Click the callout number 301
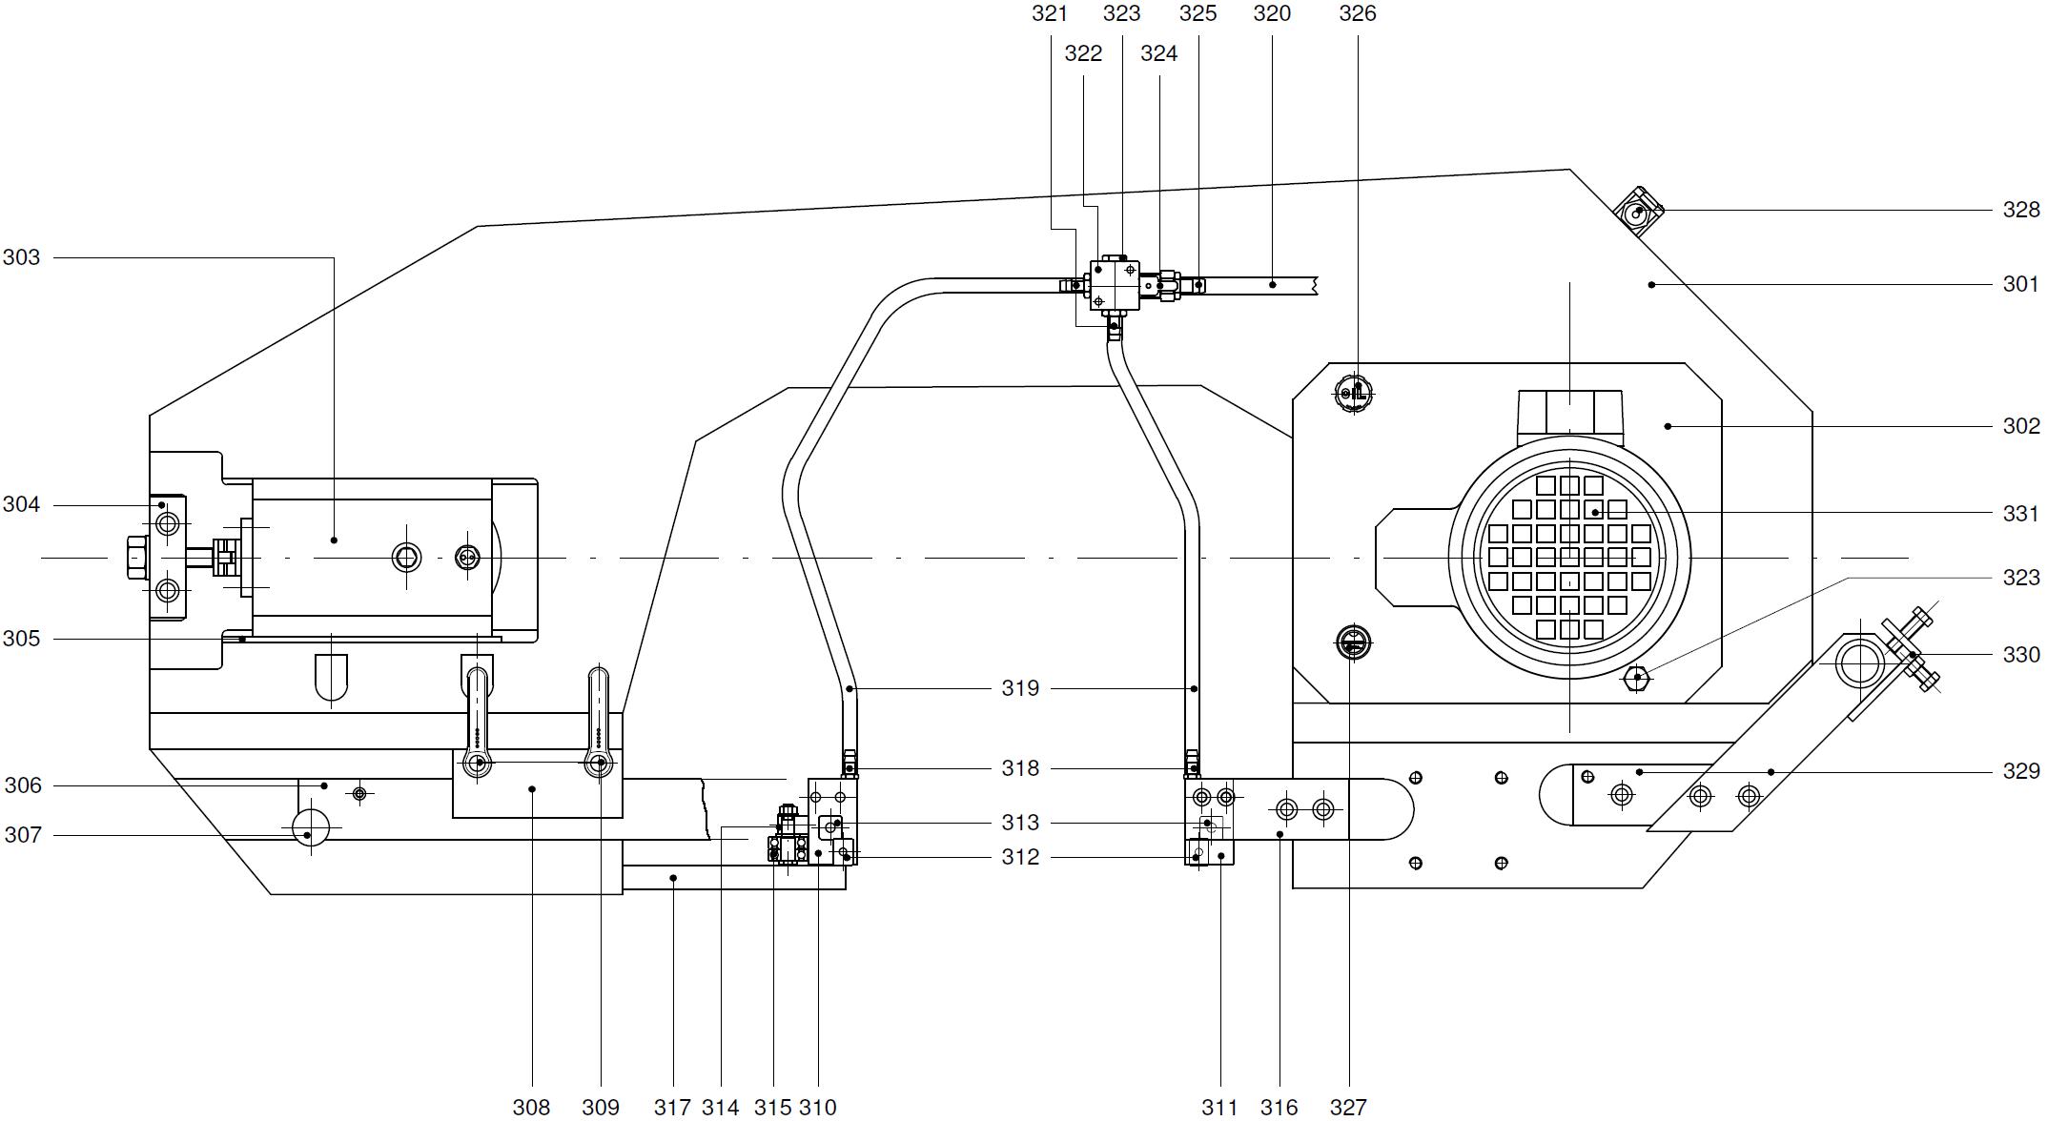[x=2020, y=284]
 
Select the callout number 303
[x=22, y=257]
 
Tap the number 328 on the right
[x=2020, y=210]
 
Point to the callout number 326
[x=1358, y=13]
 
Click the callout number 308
[x=531, y=1107]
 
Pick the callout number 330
[x=2020, y=655]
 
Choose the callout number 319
[x=1020, y=688]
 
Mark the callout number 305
[x=22, y=639]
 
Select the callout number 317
[x=672, y=1107]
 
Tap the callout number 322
[x=1083, y=53]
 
